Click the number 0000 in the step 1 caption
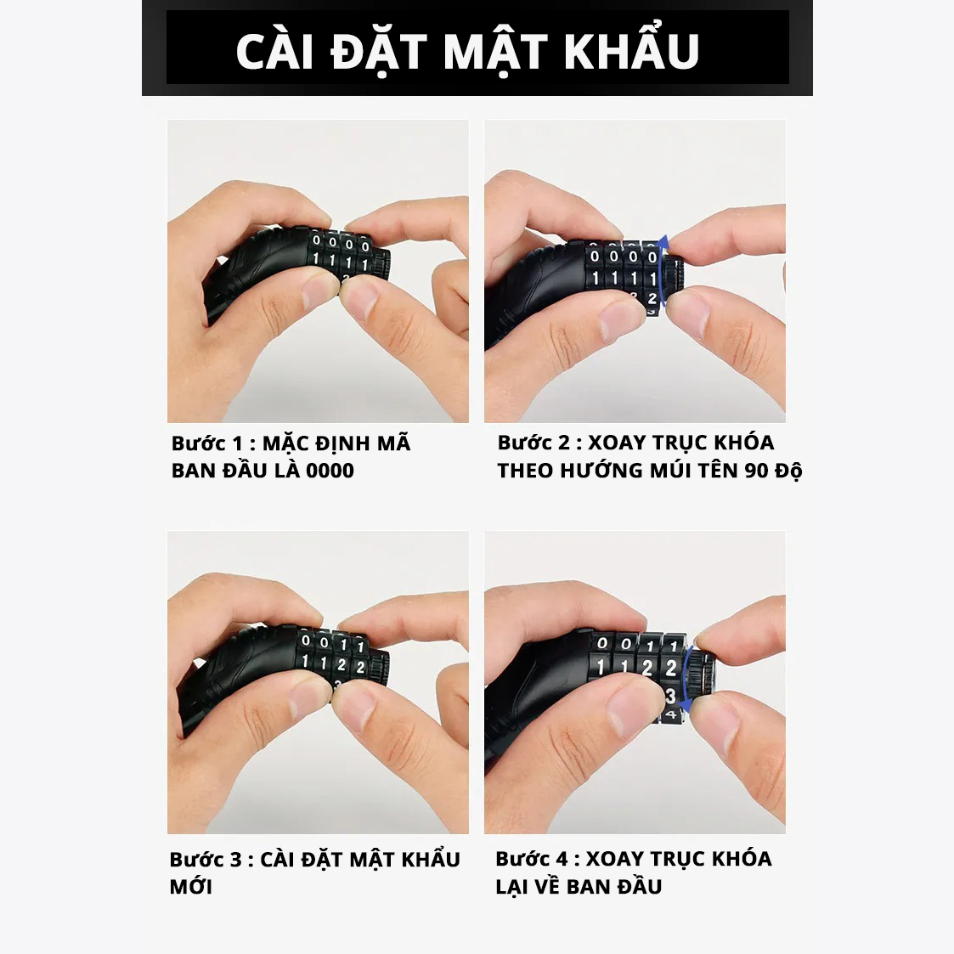pos(330,471)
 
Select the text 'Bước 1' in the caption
pos(206,443)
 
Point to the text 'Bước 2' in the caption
pos(533,443)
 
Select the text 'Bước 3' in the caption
pos(206,859)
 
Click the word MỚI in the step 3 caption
pos(191,887)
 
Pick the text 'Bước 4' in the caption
pos(531,859)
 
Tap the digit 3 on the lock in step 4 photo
pos(670,696)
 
